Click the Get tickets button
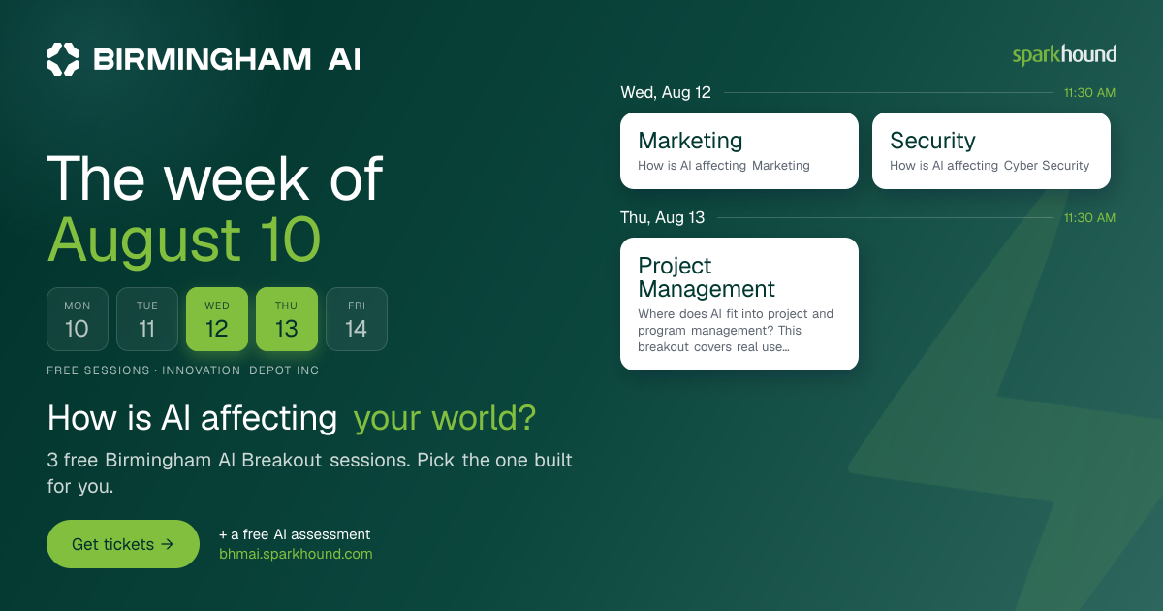pyautogui.click(x=123, y=544)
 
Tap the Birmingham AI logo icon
pyautogui.click(x=63, y=59)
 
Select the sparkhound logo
pyautogui.click(x=1064, y=55)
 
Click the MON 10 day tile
pyautogui.click(x=78, y=319)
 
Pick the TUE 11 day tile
pyautogui.click(x=147, y=319)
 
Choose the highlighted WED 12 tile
pyautogui.click(x=217, y=319)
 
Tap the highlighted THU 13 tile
pyautogui.click(x=287, y=319)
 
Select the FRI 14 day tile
pyautogui.click(x=357, y=319)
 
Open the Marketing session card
pyautogui.click(x=739, y=150)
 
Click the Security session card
pyautogui.click(x=991, y=150)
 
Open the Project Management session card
pyautogui.click(x=739, y=304)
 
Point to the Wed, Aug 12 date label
pyautogui.click(x=666, y=92)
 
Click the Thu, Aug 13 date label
pyautogui.click(x=662, y=217)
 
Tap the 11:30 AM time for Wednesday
pyautogui.click(x=1089, y=93)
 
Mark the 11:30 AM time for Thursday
pyautogui.click(x=1089, y=217)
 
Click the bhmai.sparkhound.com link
pyautogui.click(x=296, y=554)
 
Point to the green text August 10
pyautogui.click(x=184, y=241)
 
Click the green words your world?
pyautogui.click(x=445, y=418)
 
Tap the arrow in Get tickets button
pyautogui.click(x=167, y=544)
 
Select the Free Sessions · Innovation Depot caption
pyautogui.click(x=183, y=370)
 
